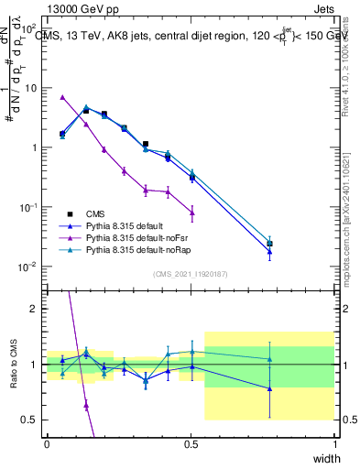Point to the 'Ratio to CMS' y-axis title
pyautogui.click(x=13, y=364)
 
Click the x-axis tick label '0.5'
pyautogui.click(x=191, y=444)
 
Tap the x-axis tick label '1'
pyautogui.click(x=334, y=444)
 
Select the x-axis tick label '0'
pyautogui.click(x=47, y=444)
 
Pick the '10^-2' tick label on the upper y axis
pyautogui.click(x=27, y=267)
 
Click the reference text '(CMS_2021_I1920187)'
pyautogui.click(x=191, y=272)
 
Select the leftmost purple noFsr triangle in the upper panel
pyautogui.click(x=62, y=97)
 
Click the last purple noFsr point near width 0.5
pyautogui.click(x=191, y=213)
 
